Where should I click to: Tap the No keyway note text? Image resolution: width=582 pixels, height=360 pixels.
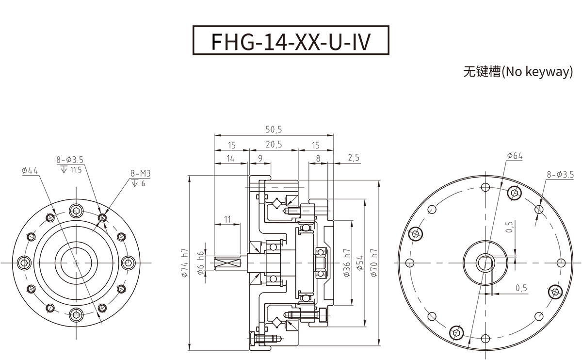518,72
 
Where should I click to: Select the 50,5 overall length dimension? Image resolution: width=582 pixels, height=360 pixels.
274,130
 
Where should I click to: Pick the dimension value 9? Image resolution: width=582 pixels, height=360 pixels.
260,158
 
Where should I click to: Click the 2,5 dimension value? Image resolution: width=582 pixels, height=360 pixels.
354,158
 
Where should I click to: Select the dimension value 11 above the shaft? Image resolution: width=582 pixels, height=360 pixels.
227,219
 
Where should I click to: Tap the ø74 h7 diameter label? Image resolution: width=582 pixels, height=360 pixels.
184,262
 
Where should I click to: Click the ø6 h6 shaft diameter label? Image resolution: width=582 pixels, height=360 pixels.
201,262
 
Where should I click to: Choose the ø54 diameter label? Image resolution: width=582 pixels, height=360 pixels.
360,262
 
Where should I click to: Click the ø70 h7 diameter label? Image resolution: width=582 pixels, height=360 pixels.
373,262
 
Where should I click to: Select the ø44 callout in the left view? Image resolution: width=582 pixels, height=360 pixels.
30,171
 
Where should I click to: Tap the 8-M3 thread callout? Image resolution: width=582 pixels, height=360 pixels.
140,173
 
